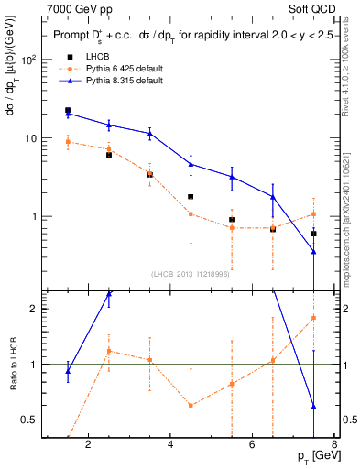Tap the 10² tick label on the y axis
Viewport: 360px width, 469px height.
tap(28, 60)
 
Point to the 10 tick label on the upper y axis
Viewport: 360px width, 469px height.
tap(30, 138)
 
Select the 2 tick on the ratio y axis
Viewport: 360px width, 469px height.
tap(34, 309)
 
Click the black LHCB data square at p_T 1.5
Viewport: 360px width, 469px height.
tap(68, 110)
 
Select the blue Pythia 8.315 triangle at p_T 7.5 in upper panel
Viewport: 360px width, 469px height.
tap(314, 252)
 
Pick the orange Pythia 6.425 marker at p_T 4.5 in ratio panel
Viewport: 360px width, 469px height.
tap(191, 405)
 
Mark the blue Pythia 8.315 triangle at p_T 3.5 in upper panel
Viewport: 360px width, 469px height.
tap(150, 134)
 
